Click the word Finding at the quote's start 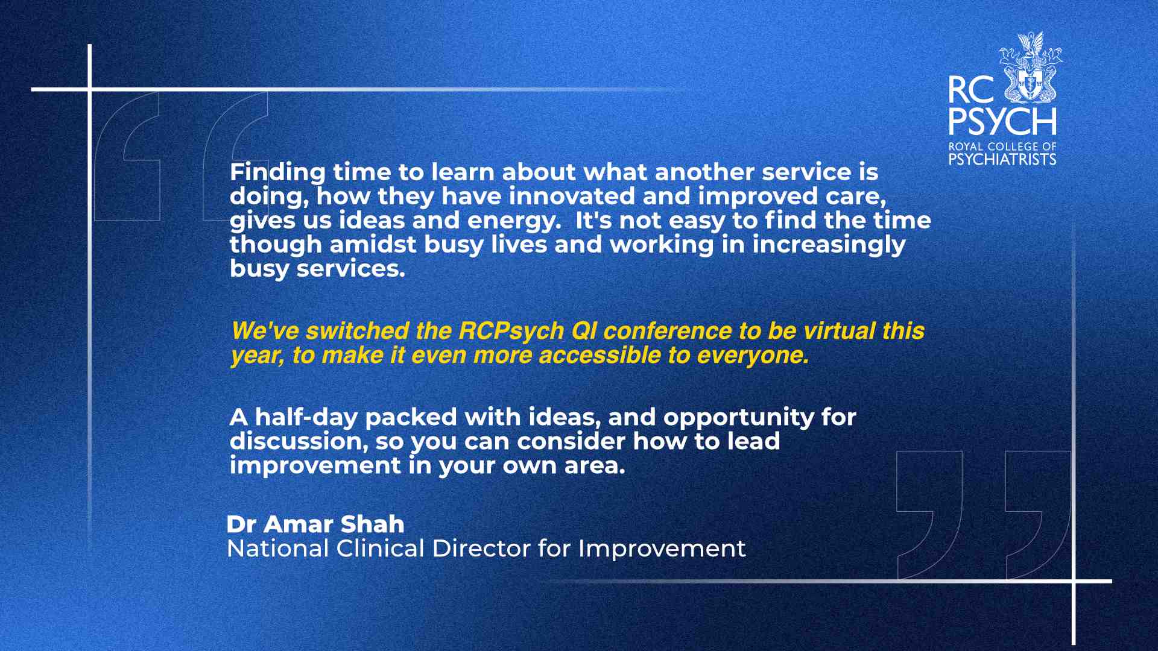277,173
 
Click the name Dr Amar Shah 315,524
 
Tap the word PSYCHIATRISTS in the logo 1002,159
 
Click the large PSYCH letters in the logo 1002,122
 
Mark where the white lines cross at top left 90,90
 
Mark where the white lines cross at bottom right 1074,581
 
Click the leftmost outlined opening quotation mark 127,156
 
